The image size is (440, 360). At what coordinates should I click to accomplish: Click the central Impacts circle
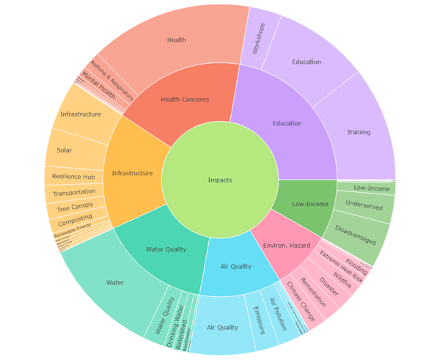pyautogui.click(x=220, y=180)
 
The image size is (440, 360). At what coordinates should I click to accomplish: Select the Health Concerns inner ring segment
pyautogui.click(x=185, y=100)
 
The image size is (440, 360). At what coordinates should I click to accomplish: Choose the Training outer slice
pyautogui.click(x=359, y=132)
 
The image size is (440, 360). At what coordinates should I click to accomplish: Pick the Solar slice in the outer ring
pyautogui.click(x=65, y=150)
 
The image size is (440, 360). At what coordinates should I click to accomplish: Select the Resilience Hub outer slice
pyautogui.click(x=73, y=177)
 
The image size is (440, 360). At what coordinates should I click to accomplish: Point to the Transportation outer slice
pyautogui.click(x=74, y=193)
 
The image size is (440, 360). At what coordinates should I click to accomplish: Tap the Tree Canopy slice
pyautogui.click(x=76, y=207)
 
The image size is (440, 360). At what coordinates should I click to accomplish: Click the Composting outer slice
pyautogui.click(x=76, y=219)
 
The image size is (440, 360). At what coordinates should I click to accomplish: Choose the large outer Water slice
pyautogui.click(x=115, y=282)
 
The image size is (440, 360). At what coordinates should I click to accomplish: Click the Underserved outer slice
pyautogui.click(x=364, y=206)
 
